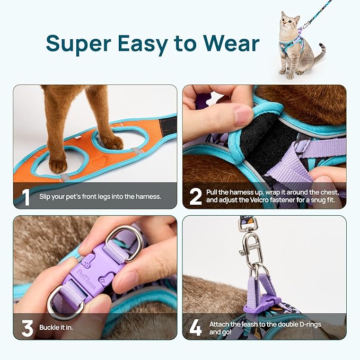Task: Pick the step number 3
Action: tap(27, 328)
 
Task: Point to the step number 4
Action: tap(196, 328)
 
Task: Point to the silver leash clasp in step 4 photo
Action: tap(248, 245)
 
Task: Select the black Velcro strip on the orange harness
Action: tap(168, 126)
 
